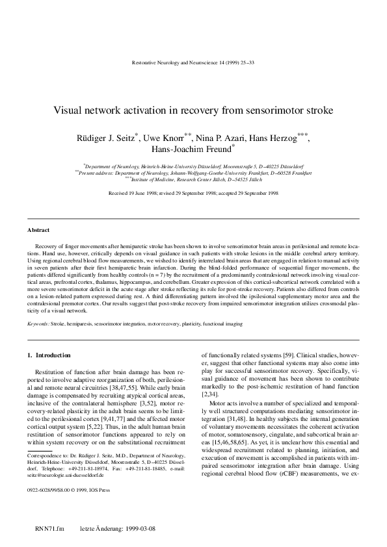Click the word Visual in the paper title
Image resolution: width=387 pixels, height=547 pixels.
68,110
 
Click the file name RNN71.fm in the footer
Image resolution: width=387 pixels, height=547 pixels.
49,529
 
